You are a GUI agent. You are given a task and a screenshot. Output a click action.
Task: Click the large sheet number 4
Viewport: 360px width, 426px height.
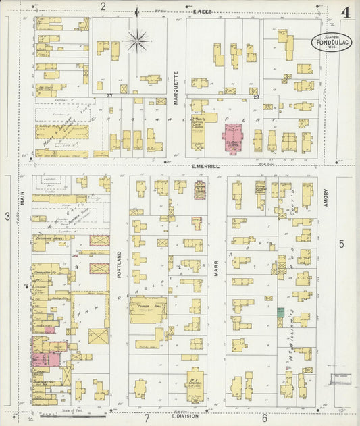(x=344, y=12)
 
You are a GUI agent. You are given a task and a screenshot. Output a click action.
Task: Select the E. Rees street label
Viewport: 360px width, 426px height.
(x=203, y=11)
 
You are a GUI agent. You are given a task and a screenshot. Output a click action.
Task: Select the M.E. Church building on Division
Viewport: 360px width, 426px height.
(x=195, y=385)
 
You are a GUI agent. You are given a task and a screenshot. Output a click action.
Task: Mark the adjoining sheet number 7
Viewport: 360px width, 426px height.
(x=146, y=419)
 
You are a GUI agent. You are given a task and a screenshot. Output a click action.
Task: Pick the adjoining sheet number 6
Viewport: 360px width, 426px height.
(x=264, y=419)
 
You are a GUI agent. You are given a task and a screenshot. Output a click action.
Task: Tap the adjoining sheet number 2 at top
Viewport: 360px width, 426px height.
(x=103, y=7)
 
